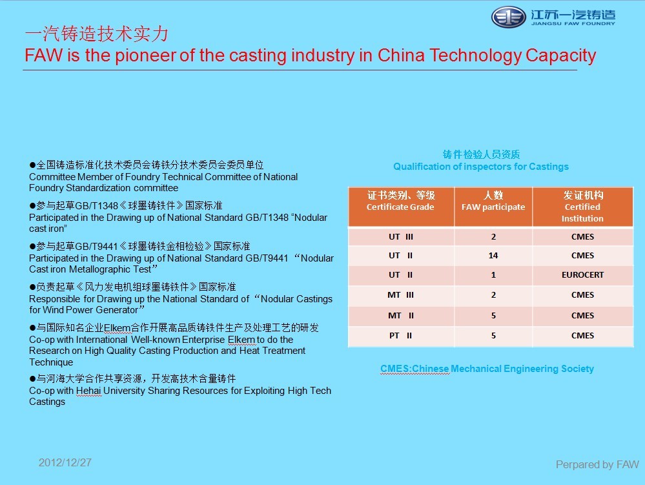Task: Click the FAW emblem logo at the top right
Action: pyautogui.click(x=509, y=17)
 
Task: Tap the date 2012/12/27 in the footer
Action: pyautogui.click(x=65, y=463)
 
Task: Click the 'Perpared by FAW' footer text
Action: pyautogui.click(x=597, y=465)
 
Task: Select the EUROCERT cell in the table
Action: pyautogui.click(x=582, y=274)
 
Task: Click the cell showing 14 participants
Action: pyautogui.click(x=493, y=255)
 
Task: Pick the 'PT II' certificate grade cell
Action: pyautogui.click(x=400, y=336)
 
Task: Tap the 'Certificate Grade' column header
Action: pyautogui.click(x=400, y=201)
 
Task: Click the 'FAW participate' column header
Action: pyautogui.click(x=493, y=201)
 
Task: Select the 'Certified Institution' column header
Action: pyautogui.click(x=582, y=207)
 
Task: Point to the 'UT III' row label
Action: pyautogui.click(x=400, y=236)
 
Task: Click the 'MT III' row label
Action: pyautogui.click(x=400, y=295)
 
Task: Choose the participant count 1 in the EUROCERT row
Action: pyautogui.click(x=493, y=274)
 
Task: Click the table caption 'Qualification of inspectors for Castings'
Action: pyautogui.click(x=481, y=167)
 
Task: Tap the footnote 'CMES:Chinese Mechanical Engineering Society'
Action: pyautogui.click(x=487, y=369)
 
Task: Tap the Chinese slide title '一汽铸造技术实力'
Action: pyautogui.click(x=96, y=34)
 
